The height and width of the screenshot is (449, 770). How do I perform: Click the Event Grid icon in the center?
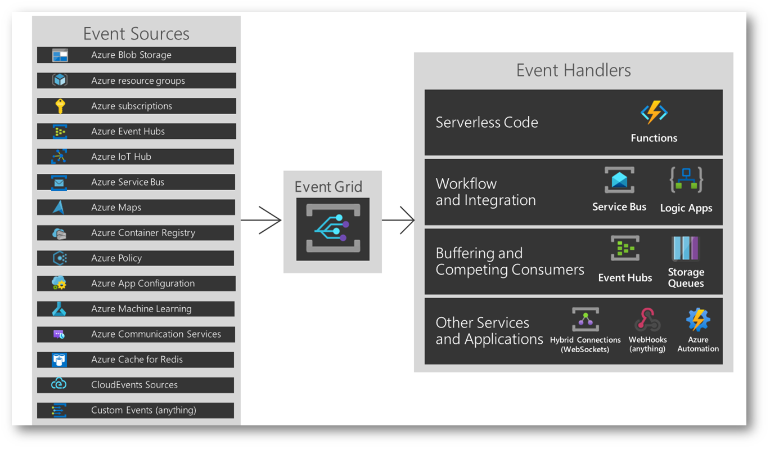tap(332, 228)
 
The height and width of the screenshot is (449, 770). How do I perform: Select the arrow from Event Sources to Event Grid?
tap(261, 220)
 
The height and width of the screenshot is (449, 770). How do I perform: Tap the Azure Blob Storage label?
tap(131, 55)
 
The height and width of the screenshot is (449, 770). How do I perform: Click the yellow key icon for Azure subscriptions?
tap(60, 106)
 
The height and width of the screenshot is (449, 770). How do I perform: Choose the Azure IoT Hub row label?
tap(121, 156)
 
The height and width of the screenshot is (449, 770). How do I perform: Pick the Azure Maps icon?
tap(59, 208)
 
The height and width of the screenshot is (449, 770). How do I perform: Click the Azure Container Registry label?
tap(143, 233)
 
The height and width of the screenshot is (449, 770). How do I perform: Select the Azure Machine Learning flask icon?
tap(59, 309)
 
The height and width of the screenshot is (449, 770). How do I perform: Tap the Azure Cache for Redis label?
tap(137, 360)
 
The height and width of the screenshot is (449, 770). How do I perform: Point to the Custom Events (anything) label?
tap(143, 410)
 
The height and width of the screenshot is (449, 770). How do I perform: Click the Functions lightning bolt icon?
tap(654, 113)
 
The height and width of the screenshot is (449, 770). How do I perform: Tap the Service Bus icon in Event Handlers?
tap(619, 181)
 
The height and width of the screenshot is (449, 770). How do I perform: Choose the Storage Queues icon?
tap(685, 249)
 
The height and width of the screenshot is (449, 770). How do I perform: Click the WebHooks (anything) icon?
tap(647, 320)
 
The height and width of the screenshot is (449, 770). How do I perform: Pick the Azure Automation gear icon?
tap(698, 320)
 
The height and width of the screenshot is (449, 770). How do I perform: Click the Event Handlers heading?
tap(573, 70)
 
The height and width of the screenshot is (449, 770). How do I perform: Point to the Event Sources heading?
tap(136, 34)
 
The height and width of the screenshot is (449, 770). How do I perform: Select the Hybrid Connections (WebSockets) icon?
tap(586, 320)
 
